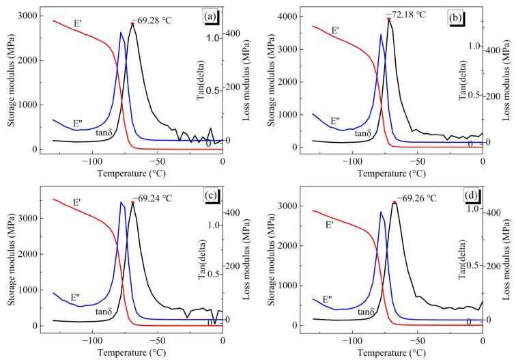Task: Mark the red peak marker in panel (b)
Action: pos(389,18)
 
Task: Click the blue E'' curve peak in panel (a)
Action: pos(121,33)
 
